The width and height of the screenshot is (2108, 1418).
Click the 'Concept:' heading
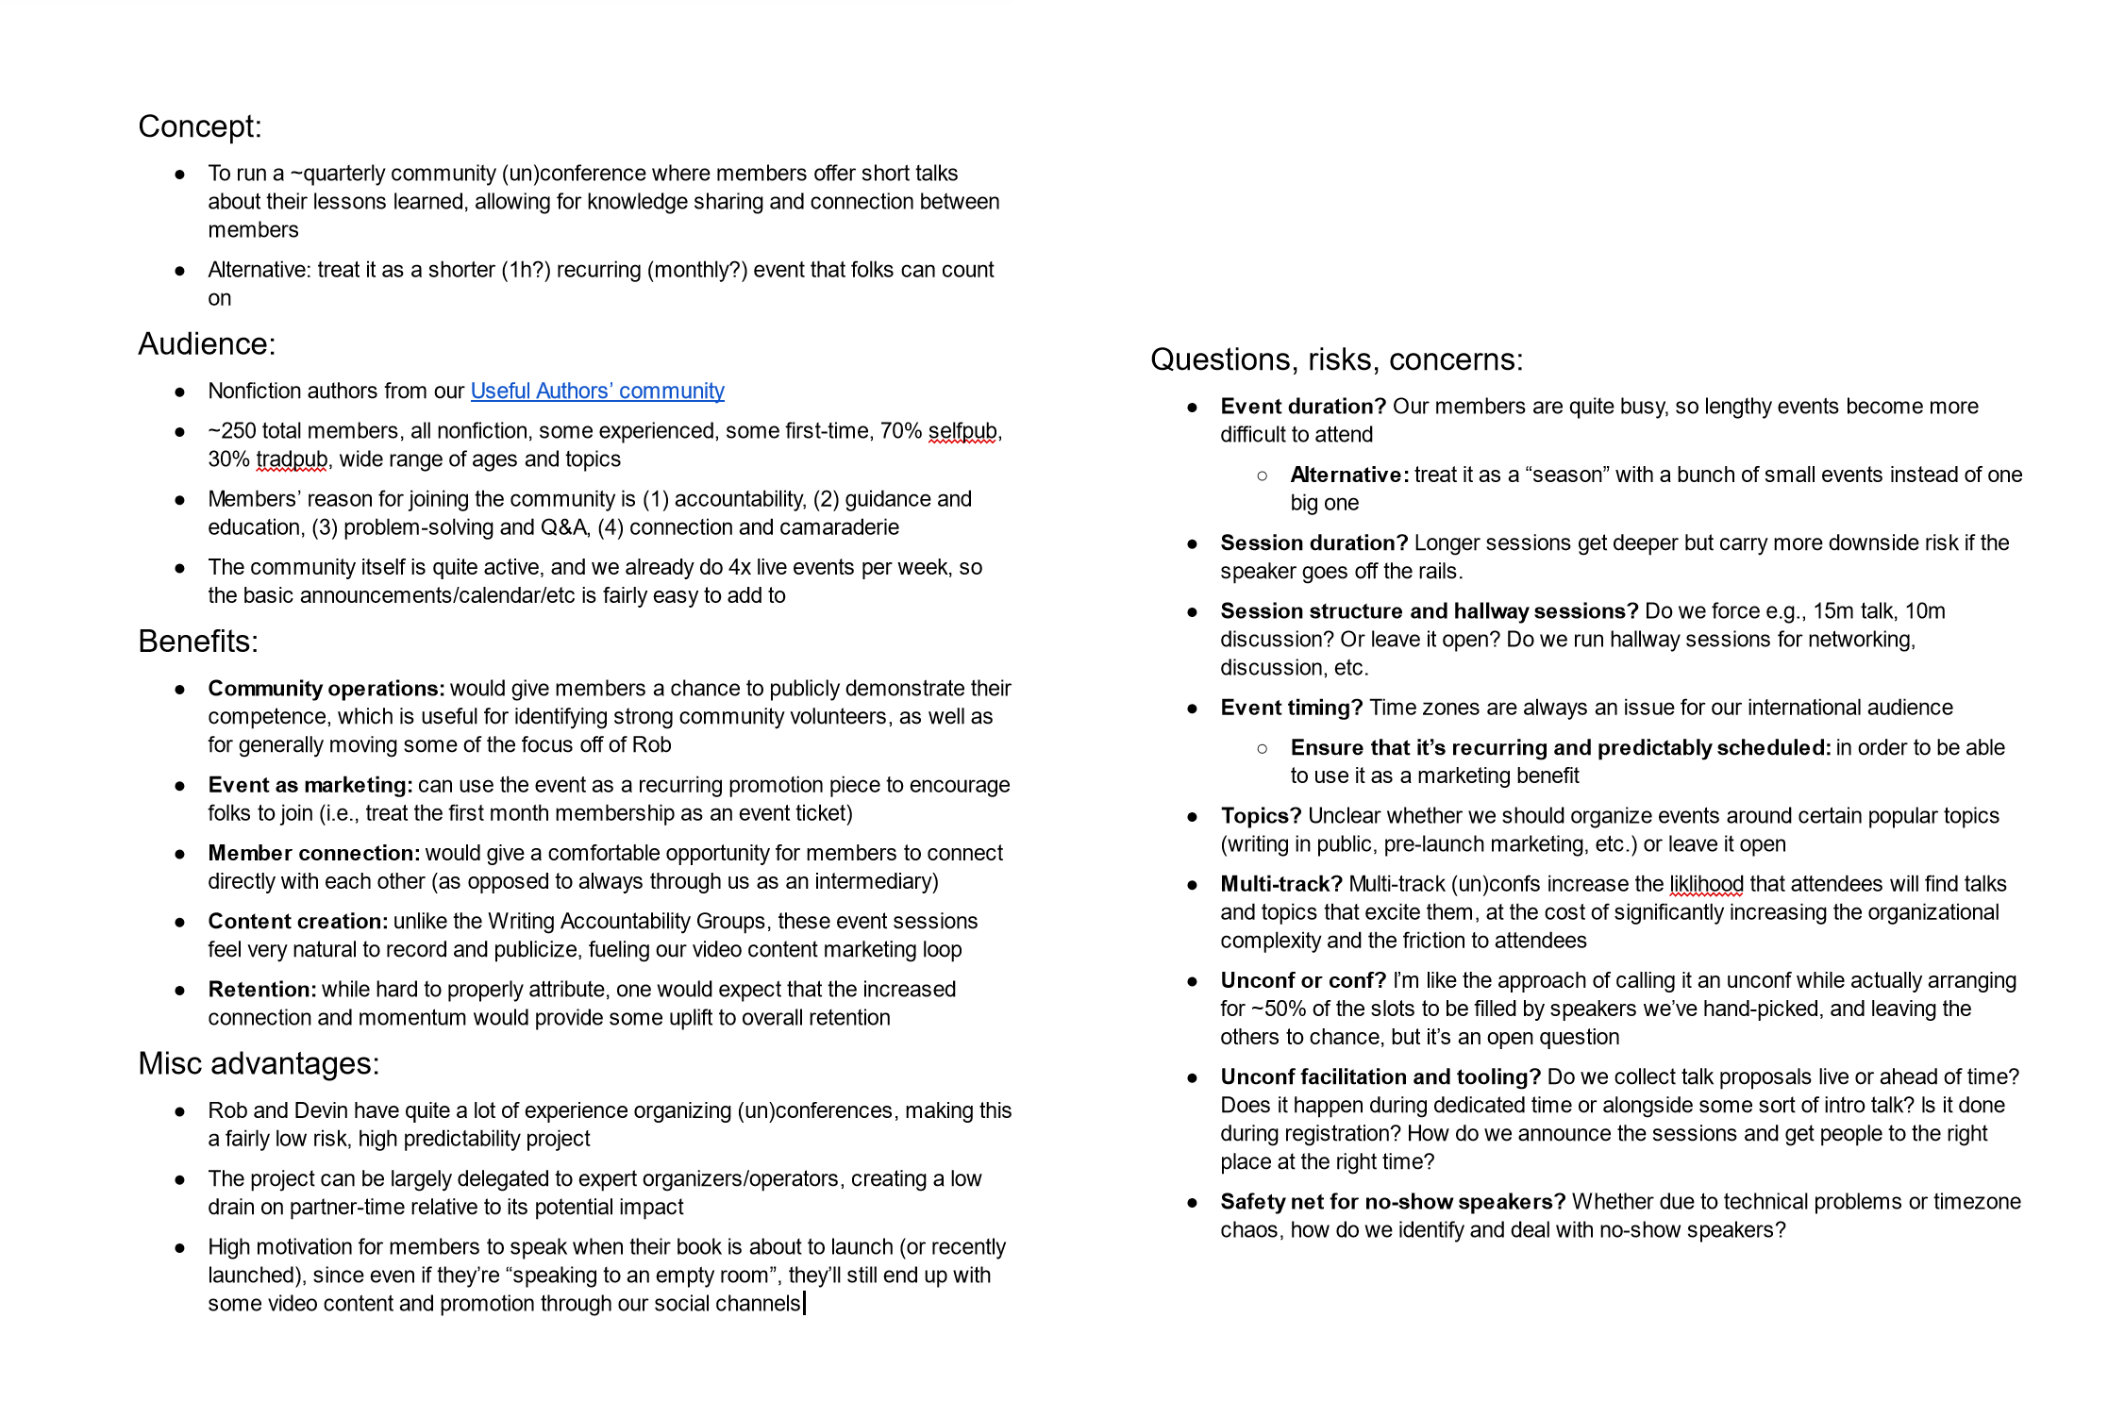click(x=199, y=127)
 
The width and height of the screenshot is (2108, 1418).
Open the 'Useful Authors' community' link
click(x=596, y=392)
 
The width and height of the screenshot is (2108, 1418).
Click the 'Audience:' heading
click(x=207, y=344)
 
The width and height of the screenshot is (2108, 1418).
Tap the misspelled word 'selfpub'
click(x=962, y=431)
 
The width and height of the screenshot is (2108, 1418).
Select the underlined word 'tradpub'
click(x=292, y=459)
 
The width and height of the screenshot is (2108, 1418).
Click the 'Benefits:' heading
click(x=198, y=642)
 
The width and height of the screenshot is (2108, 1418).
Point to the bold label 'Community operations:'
click(x=326, y=689)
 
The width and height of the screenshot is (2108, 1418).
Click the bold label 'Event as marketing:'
click(x=310, y=785)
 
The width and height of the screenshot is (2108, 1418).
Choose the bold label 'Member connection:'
click(x=313, y=853)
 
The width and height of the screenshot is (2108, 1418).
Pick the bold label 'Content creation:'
click(x=297, y=921)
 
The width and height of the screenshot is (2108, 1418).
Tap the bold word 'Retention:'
click(x=261, y=989)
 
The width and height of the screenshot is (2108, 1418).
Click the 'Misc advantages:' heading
click(x=259, y=1064)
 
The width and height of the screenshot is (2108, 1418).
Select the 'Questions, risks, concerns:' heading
click(x=1336, y=360)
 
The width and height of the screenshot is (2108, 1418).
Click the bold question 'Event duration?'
click(x=1302, y=407)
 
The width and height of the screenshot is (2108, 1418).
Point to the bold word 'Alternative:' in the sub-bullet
click(x=1349, y=475)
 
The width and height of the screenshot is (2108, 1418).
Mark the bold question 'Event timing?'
click(x=1291, y=708)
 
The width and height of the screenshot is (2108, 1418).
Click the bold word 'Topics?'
click(x=1261, y=816)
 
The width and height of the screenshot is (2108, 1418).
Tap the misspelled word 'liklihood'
click(x=1706, y=884)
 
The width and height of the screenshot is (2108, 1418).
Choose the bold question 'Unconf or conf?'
click(x=1303, y=980)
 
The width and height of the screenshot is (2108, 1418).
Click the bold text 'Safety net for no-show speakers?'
click(x=1393, y=1201)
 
